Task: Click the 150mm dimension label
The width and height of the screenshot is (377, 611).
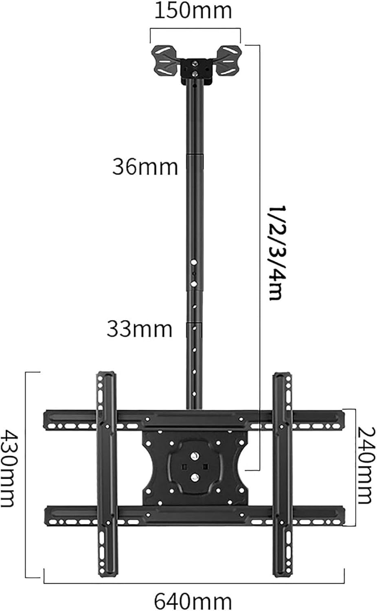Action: point(193,11)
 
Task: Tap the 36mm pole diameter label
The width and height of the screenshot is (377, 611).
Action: point(145,167)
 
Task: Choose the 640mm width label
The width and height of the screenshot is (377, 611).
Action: point(193,600)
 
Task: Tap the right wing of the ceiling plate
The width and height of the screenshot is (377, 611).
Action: point(230,60)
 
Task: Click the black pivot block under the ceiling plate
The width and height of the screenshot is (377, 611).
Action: point(197,71)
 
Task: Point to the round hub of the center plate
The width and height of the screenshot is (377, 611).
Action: point(195,466)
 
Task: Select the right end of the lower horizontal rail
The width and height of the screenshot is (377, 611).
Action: point(338,514)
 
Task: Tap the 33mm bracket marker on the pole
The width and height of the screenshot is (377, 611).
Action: point(194,329)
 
